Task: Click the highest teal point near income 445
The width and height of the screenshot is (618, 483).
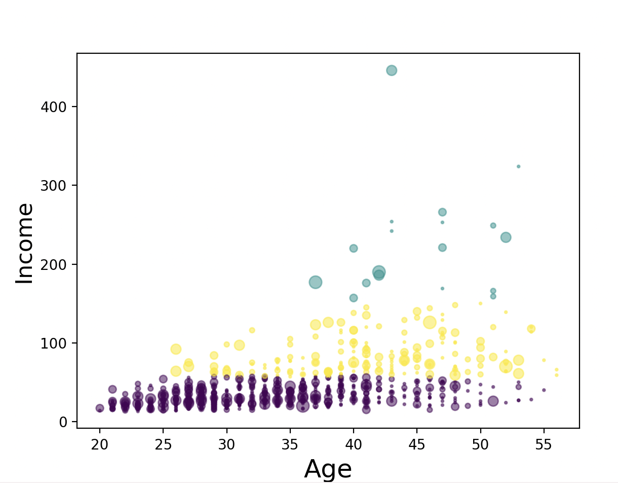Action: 392,71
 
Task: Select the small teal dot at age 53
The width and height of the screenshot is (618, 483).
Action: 518,166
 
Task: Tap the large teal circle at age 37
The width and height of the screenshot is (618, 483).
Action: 316,282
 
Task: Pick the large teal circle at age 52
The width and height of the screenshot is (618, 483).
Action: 506,237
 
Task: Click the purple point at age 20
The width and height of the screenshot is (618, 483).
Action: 100,408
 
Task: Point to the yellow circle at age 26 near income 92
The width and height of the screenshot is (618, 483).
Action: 176,349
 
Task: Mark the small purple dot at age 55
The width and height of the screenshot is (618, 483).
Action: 544,390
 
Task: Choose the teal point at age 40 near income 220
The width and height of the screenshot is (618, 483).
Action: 354,248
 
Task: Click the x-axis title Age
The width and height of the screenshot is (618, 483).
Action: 328,469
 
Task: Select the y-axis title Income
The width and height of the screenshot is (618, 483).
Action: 24,243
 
